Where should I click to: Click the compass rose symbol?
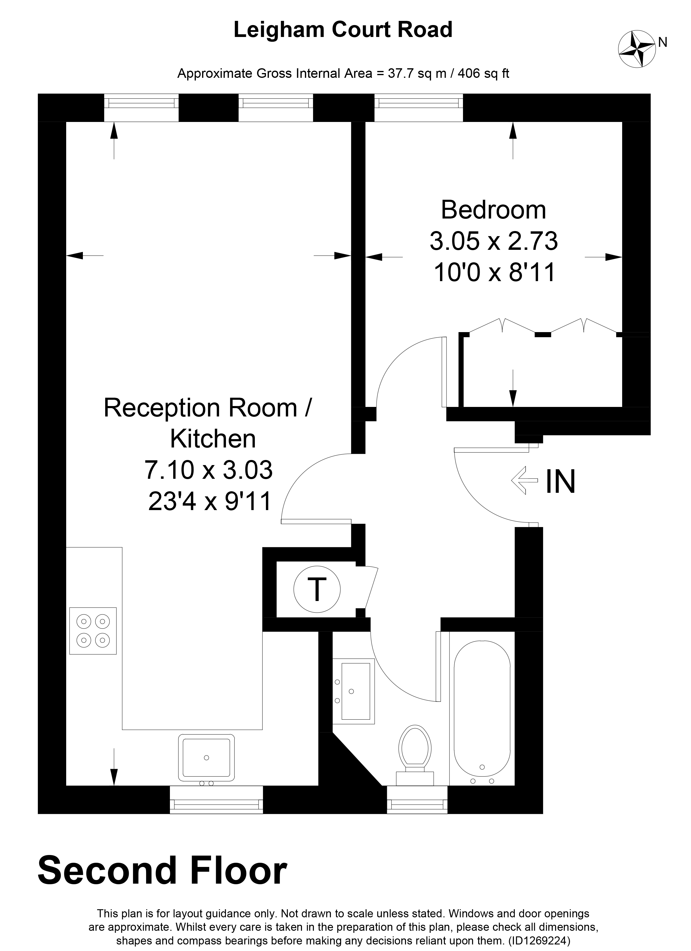coord(637,49)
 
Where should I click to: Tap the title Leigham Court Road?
coord(343,30)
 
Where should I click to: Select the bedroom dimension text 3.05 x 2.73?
coord(494,241)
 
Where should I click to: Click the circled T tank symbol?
coord(317,590)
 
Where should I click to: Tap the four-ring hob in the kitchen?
coord(93,631)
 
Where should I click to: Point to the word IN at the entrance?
coord(561,482)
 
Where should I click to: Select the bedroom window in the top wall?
coord(419,107)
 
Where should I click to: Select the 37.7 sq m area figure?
coord(410,73)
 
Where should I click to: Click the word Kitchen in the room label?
coord(213,439)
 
